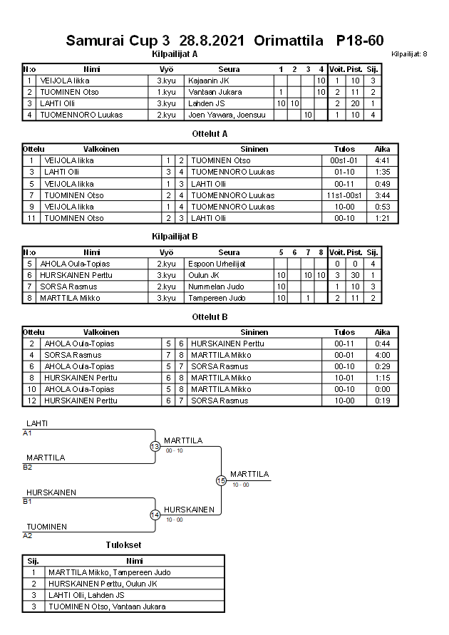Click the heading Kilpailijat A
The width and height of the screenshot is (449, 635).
click(175, 54)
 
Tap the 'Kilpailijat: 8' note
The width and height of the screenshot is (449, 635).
click(409, 54)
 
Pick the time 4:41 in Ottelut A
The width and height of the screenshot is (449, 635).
click(382, 160)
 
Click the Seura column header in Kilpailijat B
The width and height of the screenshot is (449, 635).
click(229, 252)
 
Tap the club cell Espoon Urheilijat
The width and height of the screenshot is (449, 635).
click(217, 264)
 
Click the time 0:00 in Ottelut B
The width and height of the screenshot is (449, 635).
click(382, 389)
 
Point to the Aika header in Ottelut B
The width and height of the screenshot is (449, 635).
click(382, 332)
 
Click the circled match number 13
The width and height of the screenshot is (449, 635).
click(155, 446)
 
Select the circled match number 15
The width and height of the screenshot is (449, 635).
click(221, 481)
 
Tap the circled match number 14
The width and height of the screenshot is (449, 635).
click(155, 515)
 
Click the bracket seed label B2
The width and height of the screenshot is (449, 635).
click(27, 468)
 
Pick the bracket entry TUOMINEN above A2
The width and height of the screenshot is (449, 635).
click(46, 527)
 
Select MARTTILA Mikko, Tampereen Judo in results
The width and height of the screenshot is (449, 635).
click(109, 572)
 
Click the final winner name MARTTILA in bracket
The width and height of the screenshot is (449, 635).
click(249, 474)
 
